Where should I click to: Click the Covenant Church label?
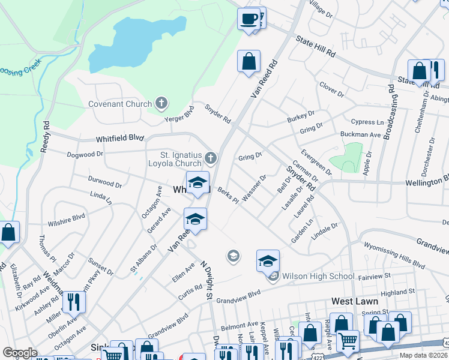pyautogui.click(x=120, y=104)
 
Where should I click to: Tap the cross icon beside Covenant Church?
pyautogui.click(x=161, y=104)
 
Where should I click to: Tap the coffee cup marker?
pyautogui.click(x=249, y=19)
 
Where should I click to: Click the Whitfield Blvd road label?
pyautogui.click(x=119, y=138)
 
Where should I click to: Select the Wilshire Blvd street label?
pyautogui.click(x=70, y=217)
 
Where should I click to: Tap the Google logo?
pyautogui.click(x=20, y=353)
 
